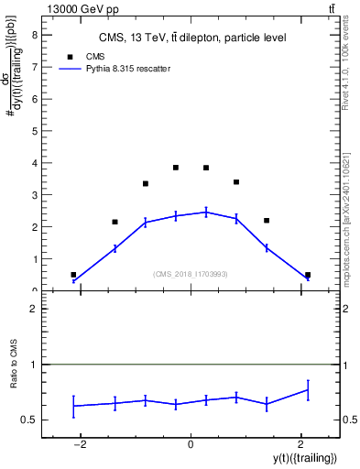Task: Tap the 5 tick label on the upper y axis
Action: [x=34, y=131]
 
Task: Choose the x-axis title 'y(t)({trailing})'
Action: [x=304, y=458]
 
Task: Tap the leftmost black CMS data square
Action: [x=73, y=275]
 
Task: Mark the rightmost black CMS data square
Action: [x=308, y=275]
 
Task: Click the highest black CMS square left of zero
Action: [x=176, y=168]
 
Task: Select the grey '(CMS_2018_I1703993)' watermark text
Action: [x=191, y=274]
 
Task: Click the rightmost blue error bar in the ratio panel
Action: [x=308, y=390]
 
